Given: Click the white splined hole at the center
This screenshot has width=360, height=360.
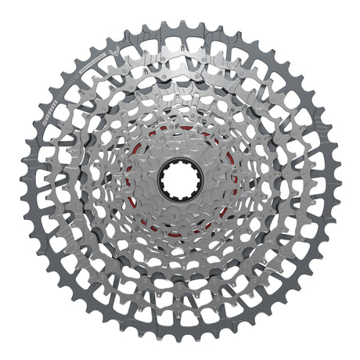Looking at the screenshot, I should click(181, 178).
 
